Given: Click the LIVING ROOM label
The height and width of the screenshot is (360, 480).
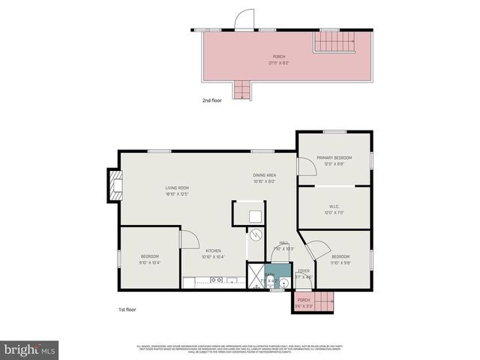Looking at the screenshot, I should coord(177,187).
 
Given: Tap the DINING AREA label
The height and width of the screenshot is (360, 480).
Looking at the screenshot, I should coord(265,175).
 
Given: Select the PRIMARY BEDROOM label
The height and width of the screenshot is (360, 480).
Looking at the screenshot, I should coord(334,158).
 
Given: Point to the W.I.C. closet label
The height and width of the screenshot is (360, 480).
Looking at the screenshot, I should coord(334,208).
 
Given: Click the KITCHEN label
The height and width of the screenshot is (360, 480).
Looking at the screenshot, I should coord(212,251).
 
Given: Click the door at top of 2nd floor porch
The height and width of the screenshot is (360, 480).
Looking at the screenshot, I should coord(245,20).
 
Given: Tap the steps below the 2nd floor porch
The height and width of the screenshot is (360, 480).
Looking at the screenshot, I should coord(242,91).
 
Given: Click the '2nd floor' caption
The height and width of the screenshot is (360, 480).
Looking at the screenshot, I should coord(213,100).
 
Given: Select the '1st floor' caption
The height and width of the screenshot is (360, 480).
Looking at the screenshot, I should coord(127,309).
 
